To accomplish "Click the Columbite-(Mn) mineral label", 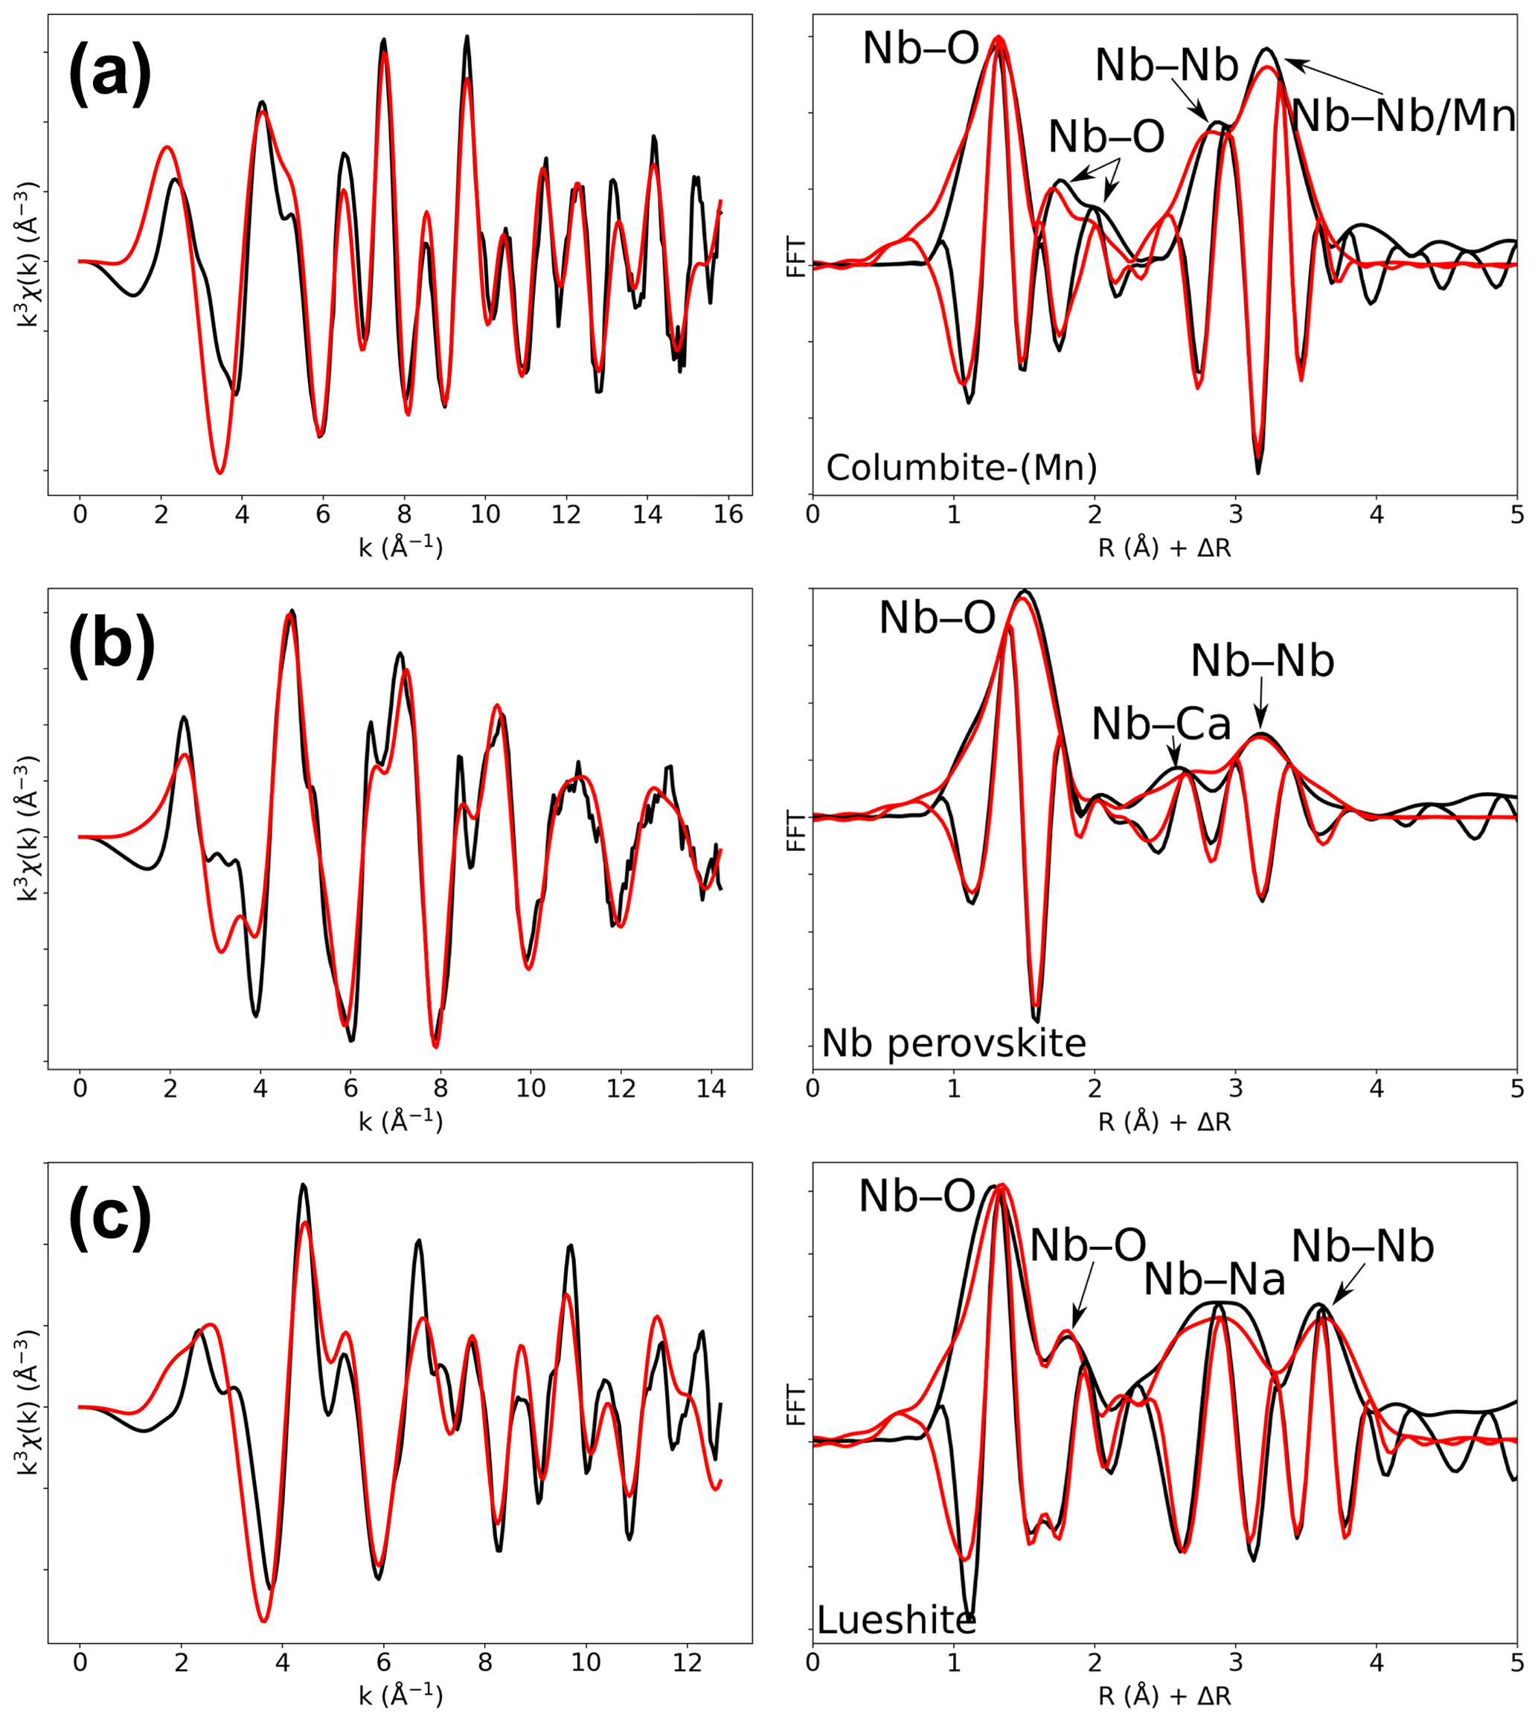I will pyautogui.click(x=961, y=468).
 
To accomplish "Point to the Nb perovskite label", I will pyautogui.click(x=953, y=1043).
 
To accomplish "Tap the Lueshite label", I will pyautogui.click(x=896, y=1620).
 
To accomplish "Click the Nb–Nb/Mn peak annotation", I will pyautogui.click(x=1403, y=116).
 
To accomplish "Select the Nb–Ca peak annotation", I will pyautogui.click(x=1161, y=724).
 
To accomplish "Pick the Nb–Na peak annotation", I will pyautogui.click(x=1214, y=1280).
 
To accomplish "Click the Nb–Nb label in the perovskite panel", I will pyautogui.click(x=1263, y=661).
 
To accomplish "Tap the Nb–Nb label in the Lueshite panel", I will pyautogui.click(x=1362, y=1246).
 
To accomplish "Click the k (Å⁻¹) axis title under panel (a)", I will pyautogui.click(x=400, y=547).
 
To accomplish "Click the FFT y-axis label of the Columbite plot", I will pyautogui.click(x=796, y=257).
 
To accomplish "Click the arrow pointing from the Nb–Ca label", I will pyautogui.click(x=1175, y=751).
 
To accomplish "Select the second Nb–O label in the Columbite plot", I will pyautogui.click(x=1106, y=136).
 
